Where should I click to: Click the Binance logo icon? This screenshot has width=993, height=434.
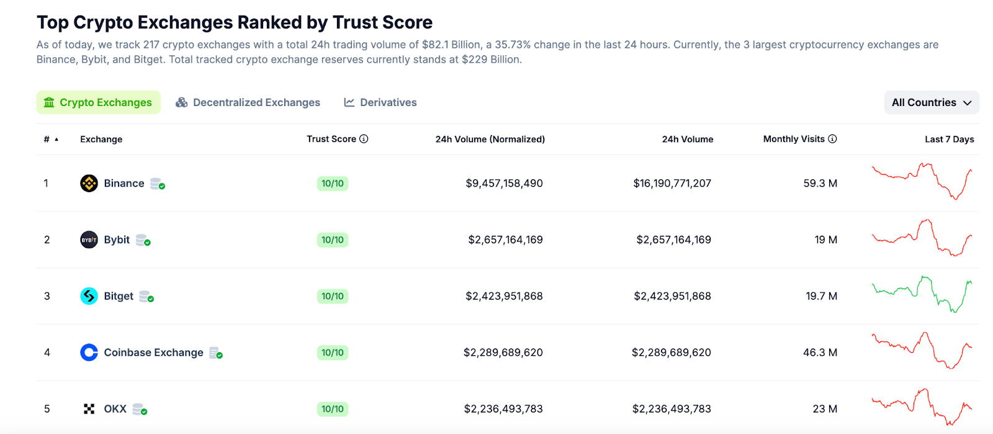[89, 184]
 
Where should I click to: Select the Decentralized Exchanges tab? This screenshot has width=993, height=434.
[248, 102]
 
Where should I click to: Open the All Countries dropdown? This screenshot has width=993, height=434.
[931, 102]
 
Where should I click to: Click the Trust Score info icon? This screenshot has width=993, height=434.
[364, 139]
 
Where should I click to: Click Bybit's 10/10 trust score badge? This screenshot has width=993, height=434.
[332, 240]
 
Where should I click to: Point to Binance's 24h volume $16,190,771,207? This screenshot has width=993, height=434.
[672, 184]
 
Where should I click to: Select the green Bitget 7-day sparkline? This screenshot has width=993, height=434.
[922, 294]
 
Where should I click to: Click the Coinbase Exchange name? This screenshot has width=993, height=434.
[153, 353]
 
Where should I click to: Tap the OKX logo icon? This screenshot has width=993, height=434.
[89, 409]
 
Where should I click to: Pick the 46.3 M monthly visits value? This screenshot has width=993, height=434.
[820, 353]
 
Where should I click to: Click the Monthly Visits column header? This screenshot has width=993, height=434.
[794, 139]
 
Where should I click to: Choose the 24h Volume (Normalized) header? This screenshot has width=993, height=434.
[490, 139]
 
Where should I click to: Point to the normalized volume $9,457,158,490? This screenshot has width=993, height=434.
[504, 184]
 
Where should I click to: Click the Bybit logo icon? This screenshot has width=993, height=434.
[89, 240]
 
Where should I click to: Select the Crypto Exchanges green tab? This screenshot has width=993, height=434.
[98, 102]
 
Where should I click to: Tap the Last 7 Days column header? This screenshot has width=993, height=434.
[949, 139]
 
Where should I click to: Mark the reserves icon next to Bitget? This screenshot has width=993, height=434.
[146, 296]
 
